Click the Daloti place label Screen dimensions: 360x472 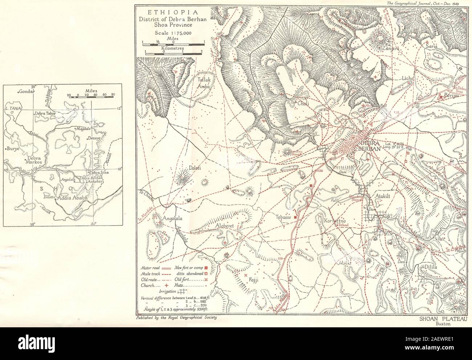point(195,168)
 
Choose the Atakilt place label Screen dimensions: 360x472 point(382,195)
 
